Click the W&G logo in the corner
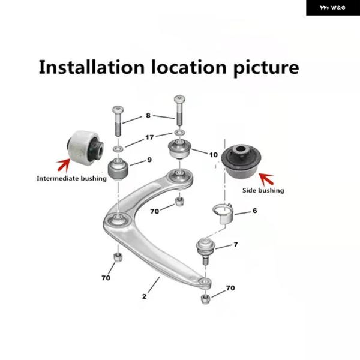(x=332, y=8)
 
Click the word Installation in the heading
(x=92, y=67)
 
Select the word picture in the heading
(x=266, y=68)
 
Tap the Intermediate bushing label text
(x=71, y=178)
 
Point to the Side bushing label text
(x=263, y=190)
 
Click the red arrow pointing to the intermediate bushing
(x=64, y=164)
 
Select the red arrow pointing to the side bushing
(x=266, y=179)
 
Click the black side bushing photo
(x=241, y=160)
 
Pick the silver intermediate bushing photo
(x=85, y=148)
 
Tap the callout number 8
(x=148, y=115)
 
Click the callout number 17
(x=149, y=137)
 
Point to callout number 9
(x=149, y=160)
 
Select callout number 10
(x=213, y=155)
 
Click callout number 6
(x=254, y=211)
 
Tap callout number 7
(x=236, y=244)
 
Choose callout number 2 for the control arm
(x=144, y=296)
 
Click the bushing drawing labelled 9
(x=118, y=169)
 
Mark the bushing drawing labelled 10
(x=180, y=149)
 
